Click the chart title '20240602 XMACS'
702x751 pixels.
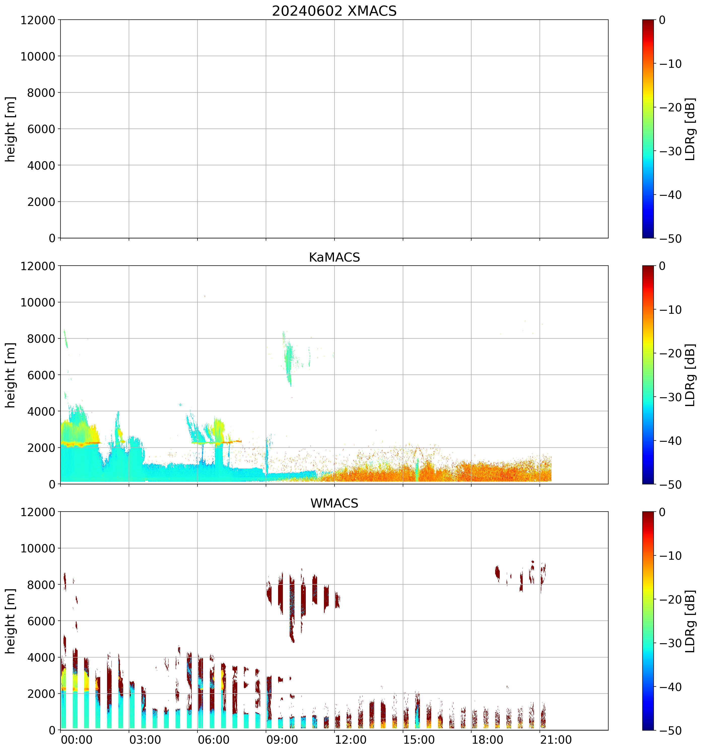click(x=334, y=11)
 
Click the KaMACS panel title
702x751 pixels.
click(x=334, y=257)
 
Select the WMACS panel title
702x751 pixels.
click(x=334, y=503)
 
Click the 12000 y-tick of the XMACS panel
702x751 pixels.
click(x=38, y=20)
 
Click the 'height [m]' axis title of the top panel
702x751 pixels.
click(x=11, y=129)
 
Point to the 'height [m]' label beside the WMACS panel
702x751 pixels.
click(x=11, y=621)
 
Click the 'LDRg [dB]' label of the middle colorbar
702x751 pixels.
click(x=690, y=375)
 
